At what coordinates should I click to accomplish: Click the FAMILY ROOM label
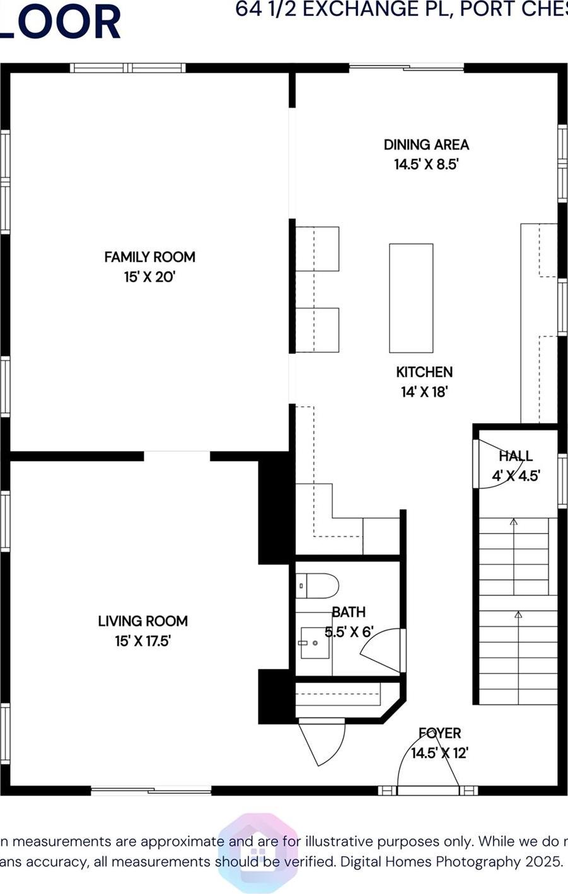pos(149,257)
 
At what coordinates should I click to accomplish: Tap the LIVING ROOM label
pos(142,621)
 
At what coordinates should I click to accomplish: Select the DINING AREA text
pos(426,144)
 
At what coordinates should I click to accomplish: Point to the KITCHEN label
pos(424,372)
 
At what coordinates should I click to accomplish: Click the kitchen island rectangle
pos(411,298)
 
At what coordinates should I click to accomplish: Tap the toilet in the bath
pos(317,585)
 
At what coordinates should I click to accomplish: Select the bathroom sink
pos(315,643)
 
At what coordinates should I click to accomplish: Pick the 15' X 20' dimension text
pos(149,277)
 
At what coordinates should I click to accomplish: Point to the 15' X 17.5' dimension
pos(142,641)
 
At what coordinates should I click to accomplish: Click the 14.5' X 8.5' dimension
pos(426,164)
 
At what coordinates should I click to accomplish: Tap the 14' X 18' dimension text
pos(424,392)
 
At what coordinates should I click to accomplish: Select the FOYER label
pos(439,733)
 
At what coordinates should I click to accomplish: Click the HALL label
pos(516,456)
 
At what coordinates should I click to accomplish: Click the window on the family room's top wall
pos(127,68)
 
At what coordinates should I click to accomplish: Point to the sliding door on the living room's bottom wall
pos(151,789)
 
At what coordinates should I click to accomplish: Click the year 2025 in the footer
pos(542,861)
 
